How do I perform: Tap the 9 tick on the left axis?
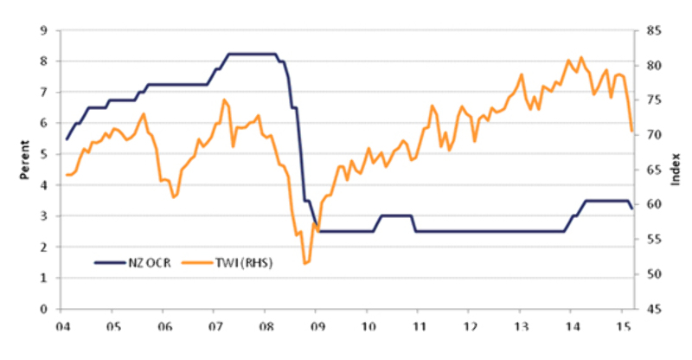pos(43,30)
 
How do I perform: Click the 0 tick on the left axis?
pos(43,309)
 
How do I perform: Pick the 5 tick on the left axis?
pos(43,154)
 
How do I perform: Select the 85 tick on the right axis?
pos(654,30)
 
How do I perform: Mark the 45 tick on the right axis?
pos(654,309)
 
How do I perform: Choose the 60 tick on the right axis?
pos(654,204)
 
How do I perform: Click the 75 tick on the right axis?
pos(654,100)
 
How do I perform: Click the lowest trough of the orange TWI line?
pos(304,263)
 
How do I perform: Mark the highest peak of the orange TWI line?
pos(580,57)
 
